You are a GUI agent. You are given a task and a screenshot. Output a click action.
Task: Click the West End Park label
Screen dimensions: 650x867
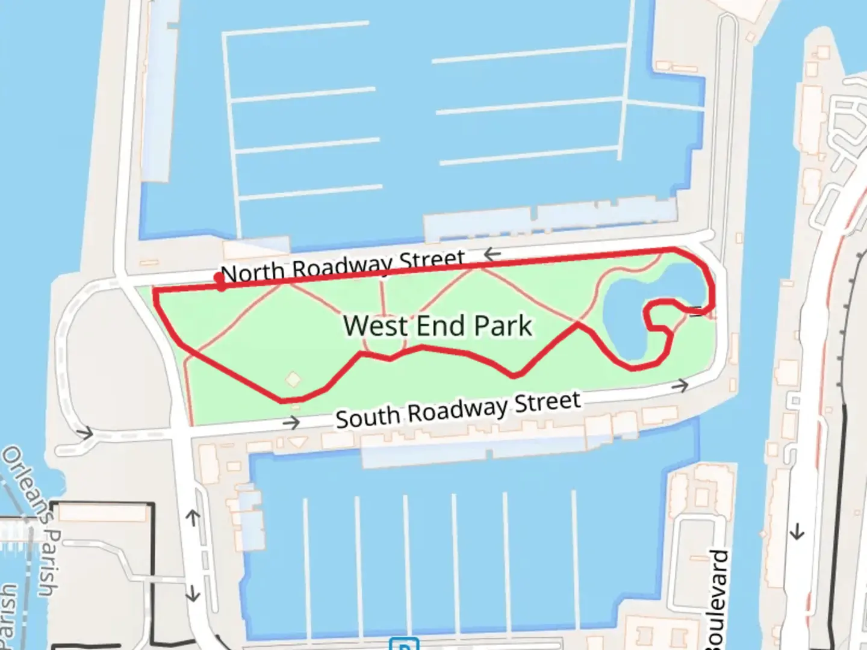coord(438,326)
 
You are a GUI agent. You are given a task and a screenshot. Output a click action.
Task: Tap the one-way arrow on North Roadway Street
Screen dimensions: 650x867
coord(492,255)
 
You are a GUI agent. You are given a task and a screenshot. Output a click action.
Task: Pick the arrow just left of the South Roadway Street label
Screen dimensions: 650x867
coord(291,423)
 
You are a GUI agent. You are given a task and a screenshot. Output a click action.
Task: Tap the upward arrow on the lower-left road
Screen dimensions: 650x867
coord(193,517)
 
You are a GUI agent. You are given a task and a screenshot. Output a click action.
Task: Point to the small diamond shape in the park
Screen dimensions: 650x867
coord(293,379)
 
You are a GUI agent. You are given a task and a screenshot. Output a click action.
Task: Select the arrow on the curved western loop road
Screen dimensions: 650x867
coord(85,433)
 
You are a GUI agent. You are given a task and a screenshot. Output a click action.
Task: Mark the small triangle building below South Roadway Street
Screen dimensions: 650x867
coord(296,442)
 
